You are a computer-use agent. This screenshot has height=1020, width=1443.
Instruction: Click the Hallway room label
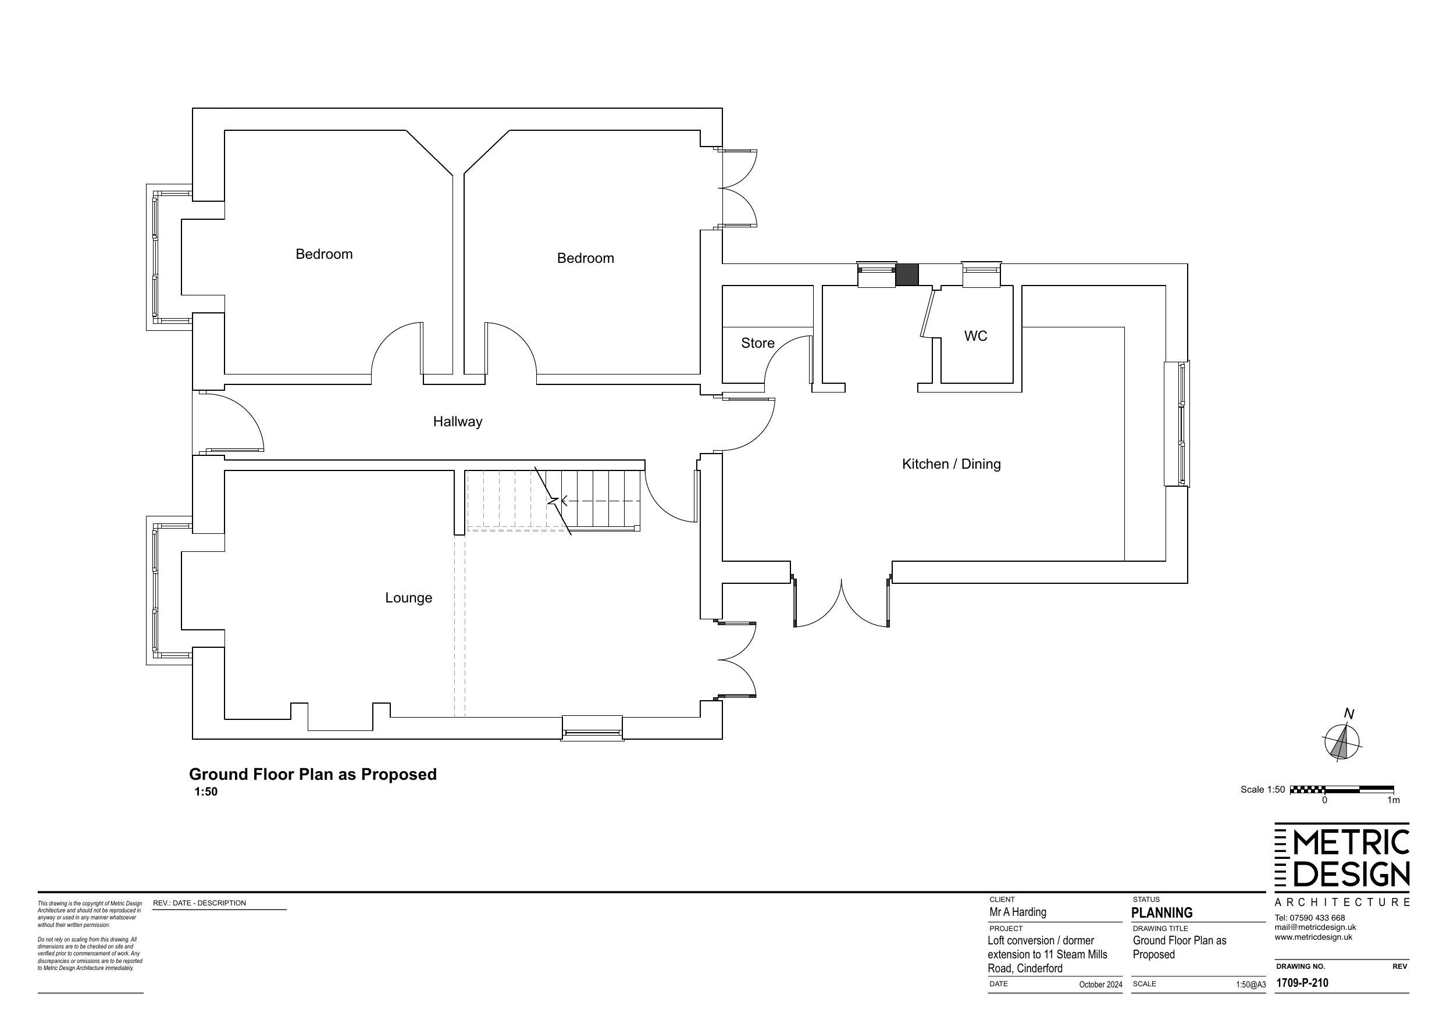(x=458, y=422)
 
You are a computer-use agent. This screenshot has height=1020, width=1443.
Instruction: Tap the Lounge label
(x=408, y=598)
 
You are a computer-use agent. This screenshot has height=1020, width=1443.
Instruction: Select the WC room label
(x=975, y=336)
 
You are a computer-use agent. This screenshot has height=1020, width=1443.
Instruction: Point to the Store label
(x=757, y=343)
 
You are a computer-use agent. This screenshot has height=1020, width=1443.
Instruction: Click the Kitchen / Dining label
(x=951, y=465)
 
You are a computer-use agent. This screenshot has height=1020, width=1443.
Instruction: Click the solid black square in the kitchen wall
(x=906, y=274)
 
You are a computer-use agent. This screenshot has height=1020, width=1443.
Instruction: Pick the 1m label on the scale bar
(x=1394, y=801)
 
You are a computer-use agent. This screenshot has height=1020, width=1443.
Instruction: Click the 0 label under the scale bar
(x=1324, y=801)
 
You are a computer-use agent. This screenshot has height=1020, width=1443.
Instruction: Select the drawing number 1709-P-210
(x=1302, y=983)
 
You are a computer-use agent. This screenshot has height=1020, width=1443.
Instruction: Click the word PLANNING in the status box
(x=1161, y=912)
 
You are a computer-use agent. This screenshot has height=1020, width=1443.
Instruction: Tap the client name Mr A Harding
(x=1017, y=912)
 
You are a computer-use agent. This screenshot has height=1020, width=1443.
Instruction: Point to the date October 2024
(x=1100, y=985)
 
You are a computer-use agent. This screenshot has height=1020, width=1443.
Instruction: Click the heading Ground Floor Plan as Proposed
(x=313, y=774)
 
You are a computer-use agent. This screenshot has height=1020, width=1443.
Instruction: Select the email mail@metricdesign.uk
(x=1316, y=928)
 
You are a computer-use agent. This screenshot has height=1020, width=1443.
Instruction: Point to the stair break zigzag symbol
(x=553, y=501)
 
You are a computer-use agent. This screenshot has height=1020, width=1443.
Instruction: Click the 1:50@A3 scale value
(x=1250, y=985)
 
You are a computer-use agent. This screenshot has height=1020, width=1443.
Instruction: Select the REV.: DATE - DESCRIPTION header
(x=199, y=903)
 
